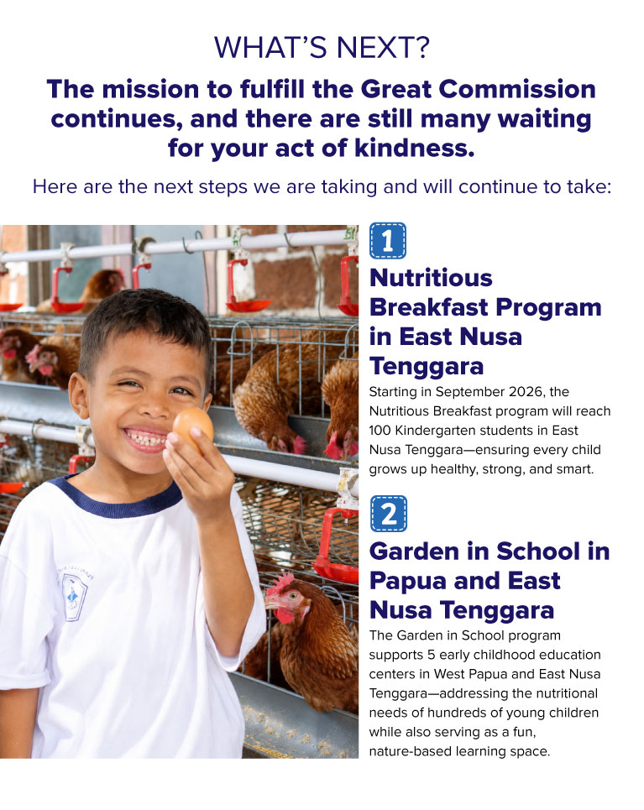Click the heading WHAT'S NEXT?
322,48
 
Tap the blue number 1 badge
388,240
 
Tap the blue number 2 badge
389,514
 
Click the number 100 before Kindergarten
380,431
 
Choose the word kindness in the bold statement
413,149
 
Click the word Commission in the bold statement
517,89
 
